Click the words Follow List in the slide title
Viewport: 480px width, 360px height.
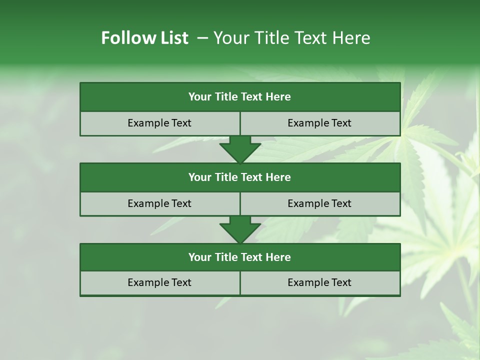[145, 38]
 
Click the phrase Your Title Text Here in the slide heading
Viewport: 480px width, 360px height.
[292, 38]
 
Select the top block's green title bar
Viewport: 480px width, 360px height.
[240, 97]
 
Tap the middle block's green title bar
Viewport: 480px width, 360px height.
[240, 177]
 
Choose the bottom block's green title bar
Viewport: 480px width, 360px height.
[240, 257]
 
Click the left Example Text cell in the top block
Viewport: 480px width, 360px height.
[159, 123]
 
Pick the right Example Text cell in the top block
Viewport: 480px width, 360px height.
[319, 123]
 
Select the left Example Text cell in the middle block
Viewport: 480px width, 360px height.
[159, 203]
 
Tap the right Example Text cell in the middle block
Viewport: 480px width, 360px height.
[319, 203]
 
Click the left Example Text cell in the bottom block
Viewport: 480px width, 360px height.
[159, 282]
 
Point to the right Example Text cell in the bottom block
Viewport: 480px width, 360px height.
[319, 282]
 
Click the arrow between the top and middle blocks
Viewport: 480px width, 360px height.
[240, 149]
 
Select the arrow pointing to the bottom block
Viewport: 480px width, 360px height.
[240, 229]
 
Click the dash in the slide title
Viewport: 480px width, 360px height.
[202, 38]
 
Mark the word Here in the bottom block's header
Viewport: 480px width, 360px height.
[278, 257]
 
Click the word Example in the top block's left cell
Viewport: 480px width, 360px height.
[149, 123]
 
